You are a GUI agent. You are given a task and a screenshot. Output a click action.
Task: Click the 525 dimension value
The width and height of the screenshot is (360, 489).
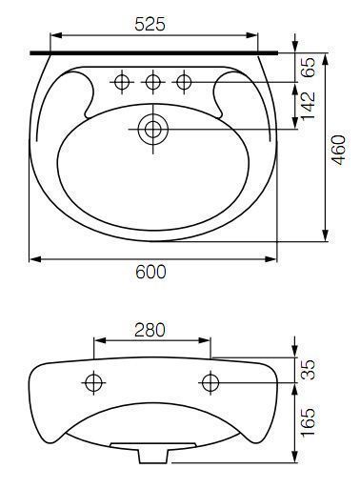click(x=150, y=24)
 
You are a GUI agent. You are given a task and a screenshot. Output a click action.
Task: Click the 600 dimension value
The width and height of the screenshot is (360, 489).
click(x=150, y=272)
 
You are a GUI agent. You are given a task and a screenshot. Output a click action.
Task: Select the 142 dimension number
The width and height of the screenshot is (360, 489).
click(x=308, y=106)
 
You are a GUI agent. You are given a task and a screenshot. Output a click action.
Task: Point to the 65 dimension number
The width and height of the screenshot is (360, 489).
click(x=308, y=67)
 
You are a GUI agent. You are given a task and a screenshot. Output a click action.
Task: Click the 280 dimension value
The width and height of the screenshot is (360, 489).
click(x=150, y=330)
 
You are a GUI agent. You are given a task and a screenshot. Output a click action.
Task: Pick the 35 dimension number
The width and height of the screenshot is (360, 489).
click(x=308, y=370)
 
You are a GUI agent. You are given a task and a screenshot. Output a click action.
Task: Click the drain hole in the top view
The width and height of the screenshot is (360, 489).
click(x=153, y=129)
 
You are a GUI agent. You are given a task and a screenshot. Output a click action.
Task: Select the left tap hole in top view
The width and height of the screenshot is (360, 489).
click(x=123, y=82)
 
